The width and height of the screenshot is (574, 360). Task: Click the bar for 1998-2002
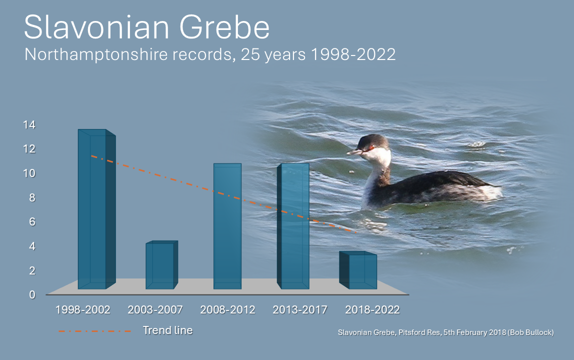pyautogui.click(x=96, y=208)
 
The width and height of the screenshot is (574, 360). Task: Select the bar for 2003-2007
pyautogui.click(x=162, y=265)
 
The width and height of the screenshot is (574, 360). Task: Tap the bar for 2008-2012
pyautogui.click(x=227, y=226)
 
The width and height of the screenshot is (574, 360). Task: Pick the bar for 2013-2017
pyautogui.click(x=293, y=226)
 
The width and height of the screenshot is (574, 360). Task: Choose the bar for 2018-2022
pyautogui.click(x=358, y=270)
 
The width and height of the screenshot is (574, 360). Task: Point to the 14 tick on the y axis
pyautogui.click(x=29, y=125)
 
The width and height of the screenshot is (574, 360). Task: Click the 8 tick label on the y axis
pyautogui.click(x=32, y=198)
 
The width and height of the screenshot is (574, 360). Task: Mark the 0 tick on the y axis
pyautogui.click(x=32, y=295)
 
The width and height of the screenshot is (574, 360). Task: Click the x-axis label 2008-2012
pyautogui.click(x=227, y=310)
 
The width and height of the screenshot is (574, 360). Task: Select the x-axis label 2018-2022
pyautogui.click(x=372, y=310)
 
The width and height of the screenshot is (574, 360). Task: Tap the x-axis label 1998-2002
pyautogui.click(x=82, y=310)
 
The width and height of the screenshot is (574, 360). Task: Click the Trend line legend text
pyautogui.click(x=167, y=330)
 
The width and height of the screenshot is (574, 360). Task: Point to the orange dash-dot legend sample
pyautogui.click(x=94, y=331)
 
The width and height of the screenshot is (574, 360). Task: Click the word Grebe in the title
pyautogui.click(x=224, y=27)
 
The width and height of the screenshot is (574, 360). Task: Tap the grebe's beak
pyautogui.click(x=354, y=151)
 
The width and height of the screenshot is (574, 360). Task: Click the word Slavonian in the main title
pyautogui.click(x=96, y=27)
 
